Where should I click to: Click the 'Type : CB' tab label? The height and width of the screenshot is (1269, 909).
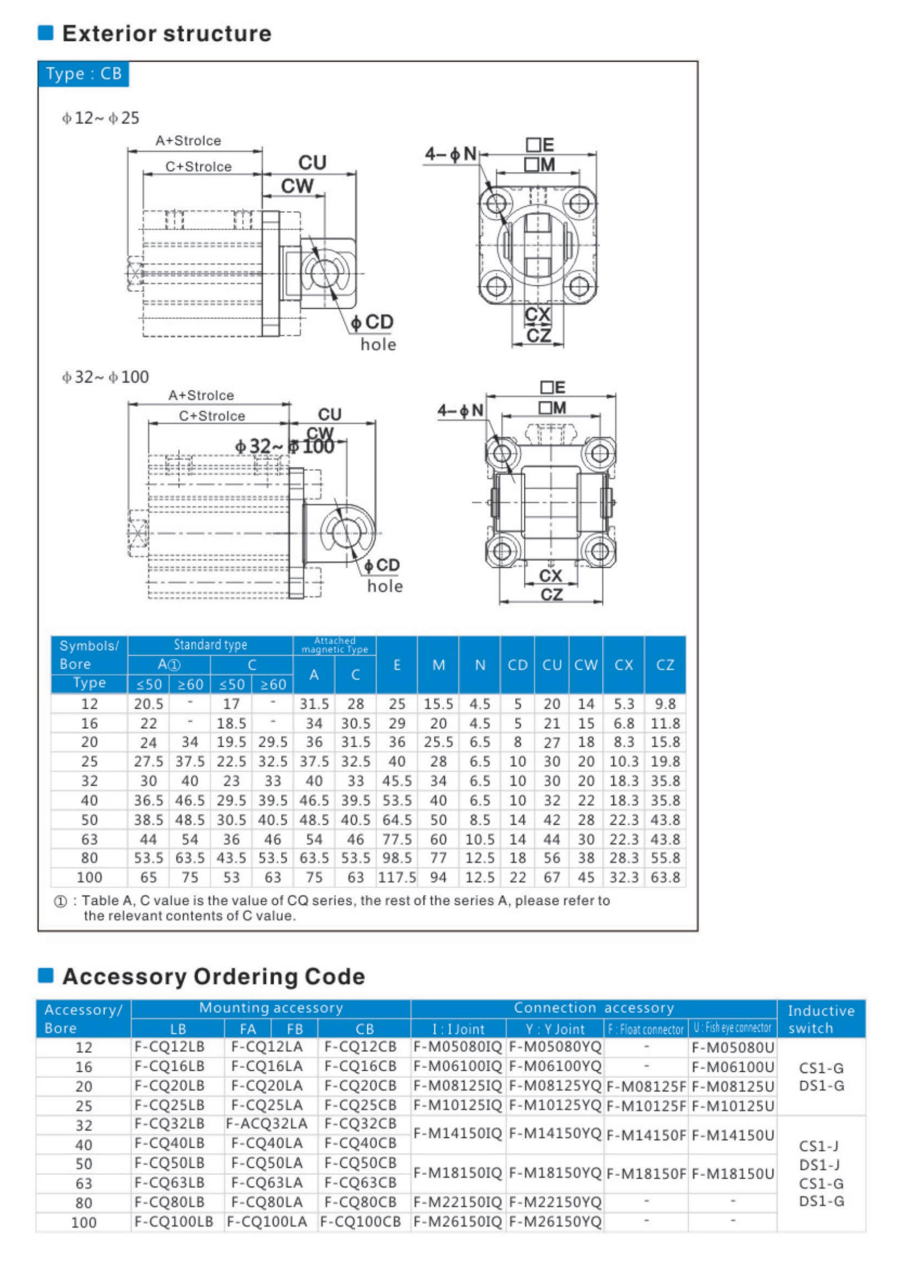83,74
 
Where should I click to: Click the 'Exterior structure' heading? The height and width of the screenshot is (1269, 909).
166,34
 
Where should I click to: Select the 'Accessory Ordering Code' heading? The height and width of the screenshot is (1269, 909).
213,976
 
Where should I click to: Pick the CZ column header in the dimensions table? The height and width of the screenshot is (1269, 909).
664,664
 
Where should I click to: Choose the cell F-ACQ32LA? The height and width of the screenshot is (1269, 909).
267,1124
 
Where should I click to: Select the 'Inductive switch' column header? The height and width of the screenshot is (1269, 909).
821,1019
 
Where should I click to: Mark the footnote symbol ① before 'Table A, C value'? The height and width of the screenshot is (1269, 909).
60,901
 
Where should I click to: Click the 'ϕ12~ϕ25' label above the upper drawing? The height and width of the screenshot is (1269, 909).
101,118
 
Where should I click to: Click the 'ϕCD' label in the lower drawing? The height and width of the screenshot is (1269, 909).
382,565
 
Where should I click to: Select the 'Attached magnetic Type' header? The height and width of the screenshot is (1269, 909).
335,645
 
